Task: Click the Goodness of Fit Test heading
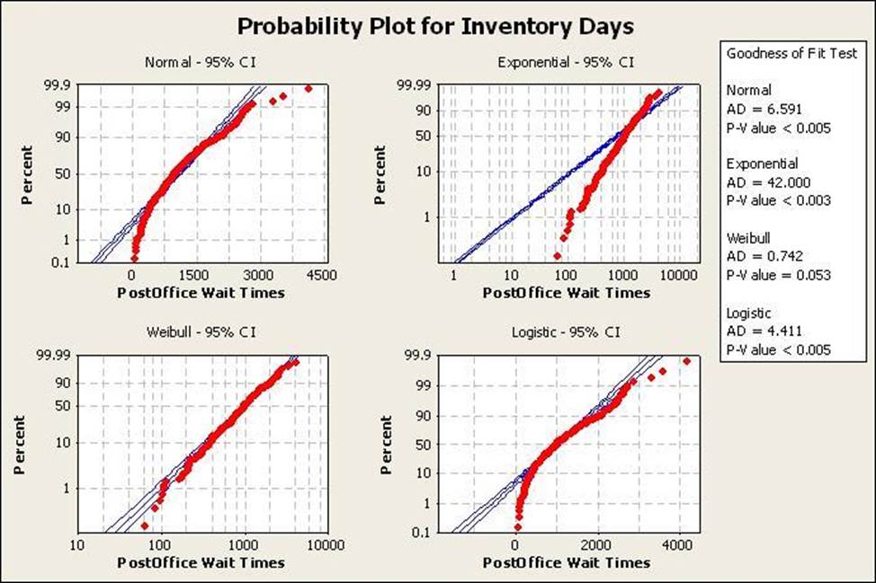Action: click(x=791, y=54)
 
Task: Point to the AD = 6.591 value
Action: click(x=759, y=109)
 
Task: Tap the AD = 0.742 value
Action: click(x=759, y=257)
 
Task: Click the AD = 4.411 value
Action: click(x=759, y=331)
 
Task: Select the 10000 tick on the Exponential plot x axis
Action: click(x=680, y=276)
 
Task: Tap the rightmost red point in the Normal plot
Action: click(x=308, y=88)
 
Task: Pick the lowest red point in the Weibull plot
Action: click(x=145, y=526)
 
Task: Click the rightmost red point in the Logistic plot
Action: click(x=686, y=361)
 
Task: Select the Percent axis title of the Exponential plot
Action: click(x=382, y=174)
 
